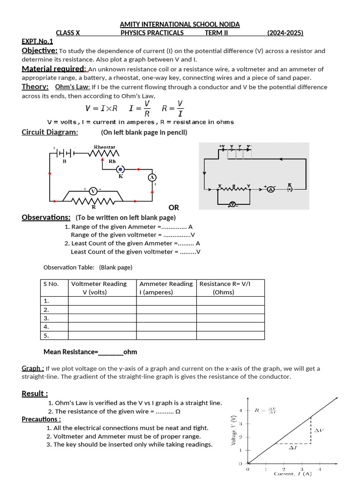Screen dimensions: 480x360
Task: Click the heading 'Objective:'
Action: pos(40,51)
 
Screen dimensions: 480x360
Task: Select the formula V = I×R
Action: pos(101,108)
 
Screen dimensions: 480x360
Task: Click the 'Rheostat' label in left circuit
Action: pos(105,147)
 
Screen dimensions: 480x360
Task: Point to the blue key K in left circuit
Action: pos(120,169)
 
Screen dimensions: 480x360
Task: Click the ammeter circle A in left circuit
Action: pos(151,177)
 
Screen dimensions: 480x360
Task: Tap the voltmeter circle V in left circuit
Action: pos(93,191)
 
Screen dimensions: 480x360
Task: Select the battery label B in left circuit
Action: pos(65,161)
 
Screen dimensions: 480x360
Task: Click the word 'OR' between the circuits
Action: pos(173,207)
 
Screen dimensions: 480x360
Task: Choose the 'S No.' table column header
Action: pos(51,284)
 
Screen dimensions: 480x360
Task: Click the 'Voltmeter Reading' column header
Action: pos(99,284)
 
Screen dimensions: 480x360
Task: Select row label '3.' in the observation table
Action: pos(46,318)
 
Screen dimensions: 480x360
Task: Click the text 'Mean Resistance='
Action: pos(70,352)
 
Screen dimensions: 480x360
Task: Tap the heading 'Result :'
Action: pos(35,393)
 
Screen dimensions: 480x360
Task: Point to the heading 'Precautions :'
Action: pos(41,419)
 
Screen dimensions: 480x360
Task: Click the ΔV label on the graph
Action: pos(318,430)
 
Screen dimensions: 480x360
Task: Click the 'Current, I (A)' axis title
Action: pos(292,474)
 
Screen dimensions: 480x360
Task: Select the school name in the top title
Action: pos(180,24)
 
